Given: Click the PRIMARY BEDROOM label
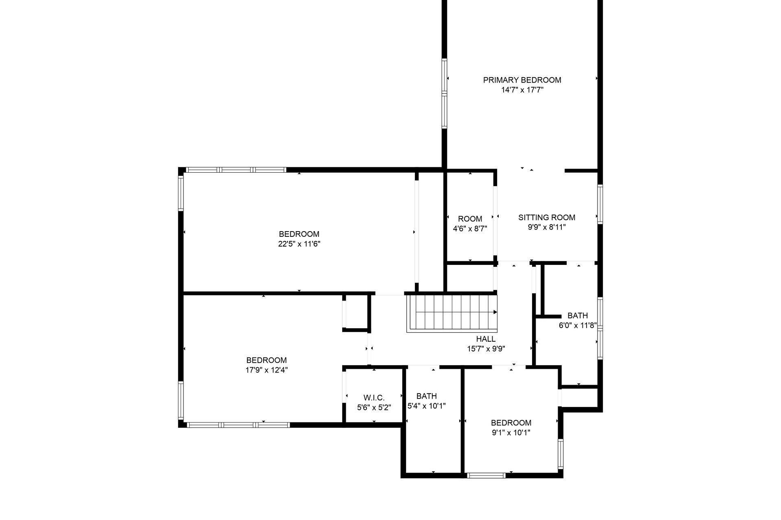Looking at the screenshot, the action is [x=522, y=80].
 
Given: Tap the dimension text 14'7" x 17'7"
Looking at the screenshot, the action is [x=522, y=90].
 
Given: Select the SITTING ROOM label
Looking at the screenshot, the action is [x=547, y=217].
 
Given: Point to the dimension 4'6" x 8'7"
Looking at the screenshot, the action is [x=470, y=229].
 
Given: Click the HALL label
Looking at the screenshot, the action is [x=486, y=339].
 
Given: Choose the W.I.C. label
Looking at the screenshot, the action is [x=374, y=397].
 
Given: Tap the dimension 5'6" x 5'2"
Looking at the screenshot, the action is [x=374, y=407].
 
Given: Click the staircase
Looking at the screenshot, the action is [x=452, y=313].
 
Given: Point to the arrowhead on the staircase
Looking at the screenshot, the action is [x=495, y=312].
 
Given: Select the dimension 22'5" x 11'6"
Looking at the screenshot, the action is [x=299, y=244].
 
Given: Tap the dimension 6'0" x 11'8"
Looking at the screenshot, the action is [x=578, y=325].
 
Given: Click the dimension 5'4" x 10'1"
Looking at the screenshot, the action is [x=427, y=406].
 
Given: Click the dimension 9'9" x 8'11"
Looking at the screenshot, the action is [x=547, y=227].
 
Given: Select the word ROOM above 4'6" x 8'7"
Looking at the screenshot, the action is [x=470, y=219].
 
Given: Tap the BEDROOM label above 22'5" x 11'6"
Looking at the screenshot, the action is [x=299, y=234].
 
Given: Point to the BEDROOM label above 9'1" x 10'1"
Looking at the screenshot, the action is [x=511, y=423].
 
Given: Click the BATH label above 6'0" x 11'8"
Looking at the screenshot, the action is [x=578, y=316].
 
